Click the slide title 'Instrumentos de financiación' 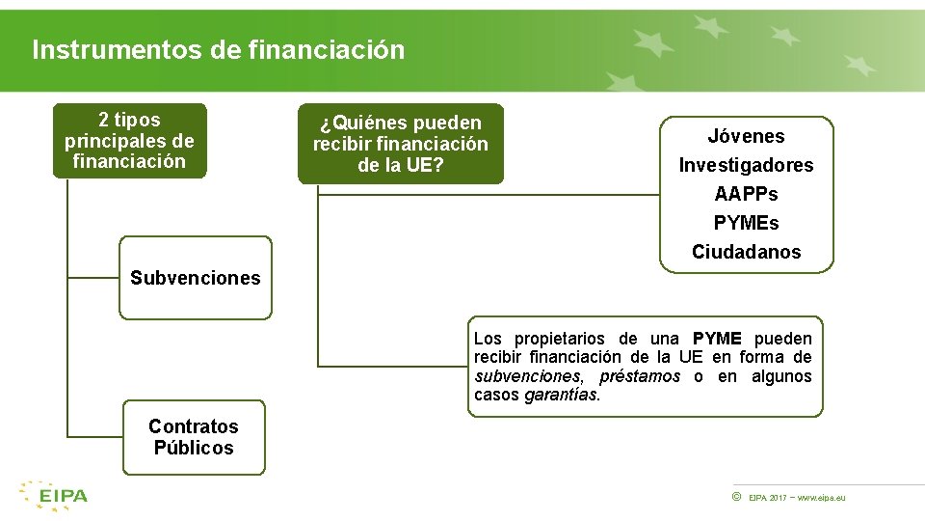coord(219,50)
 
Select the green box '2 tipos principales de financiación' coord(129,141)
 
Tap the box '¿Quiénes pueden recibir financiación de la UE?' coord(400,144)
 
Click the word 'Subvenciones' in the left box coord(196,278)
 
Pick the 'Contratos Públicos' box coord(194,437)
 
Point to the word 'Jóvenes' coord(746,137)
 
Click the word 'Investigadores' coord(746,166)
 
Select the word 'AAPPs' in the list coord(746,195)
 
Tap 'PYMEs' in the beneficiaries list coord(746,224)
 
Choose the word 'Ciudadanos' coord(746,253)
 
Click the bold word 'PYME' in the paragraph coord(717,339)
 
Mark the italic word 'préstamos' coord(640,376)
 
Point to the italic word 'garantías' coord(561,396)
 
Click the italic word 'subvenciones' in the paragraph coord(527,376)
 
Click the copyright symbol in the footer coord(736,497)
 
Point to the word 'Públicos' coord(194,448)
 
